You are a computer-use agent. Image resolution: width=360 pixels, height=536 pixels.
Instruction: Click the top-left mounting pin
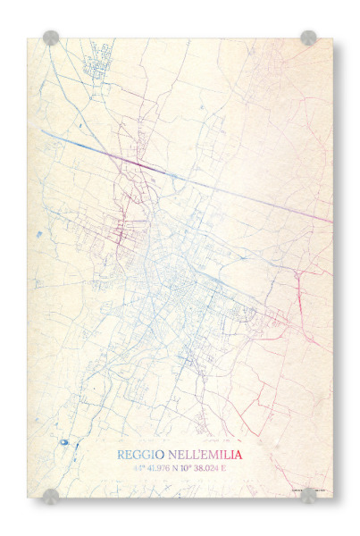[51, 38]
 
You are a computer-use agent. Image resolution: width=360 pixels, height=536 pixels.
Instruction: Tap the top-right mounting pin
[308, 38]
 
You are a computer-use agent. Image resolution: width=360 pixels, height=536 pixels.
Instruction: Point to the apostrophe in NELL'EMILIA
[194, 452]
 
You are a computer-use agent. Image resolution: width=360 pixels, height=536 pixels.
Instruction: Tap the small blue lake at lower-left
[64, 441]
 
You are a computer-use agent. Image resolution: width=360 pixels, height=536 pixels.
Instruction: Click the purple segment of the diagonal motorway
[134, 162]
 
